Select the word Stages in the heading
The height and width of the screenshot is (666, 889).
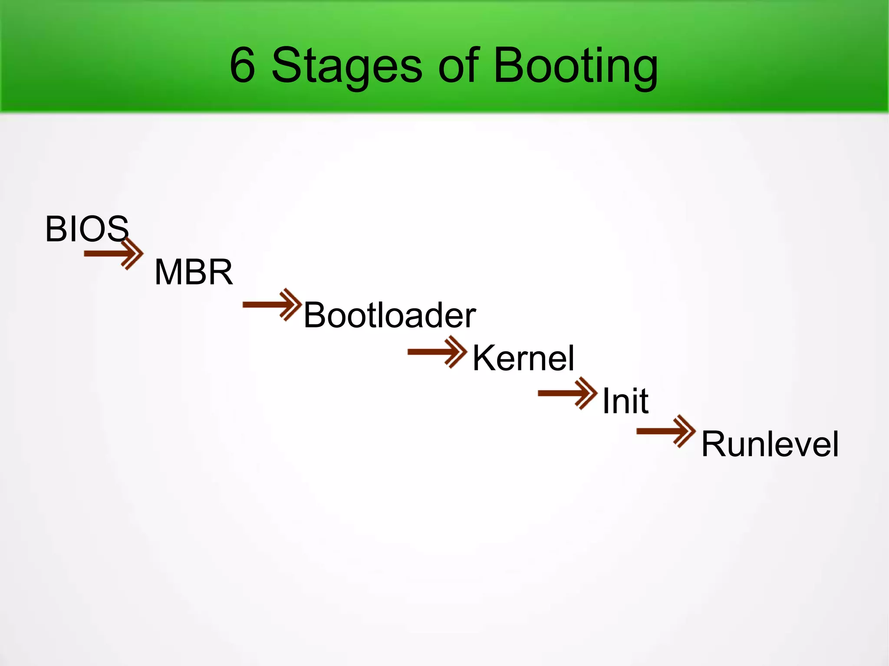[346, 67]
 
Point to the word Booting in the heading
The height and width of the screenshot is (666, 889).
[576, 67]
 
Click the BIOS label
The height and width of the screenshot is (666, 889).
[87, 229]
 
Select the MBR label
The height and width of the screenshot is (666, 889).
[194, 272]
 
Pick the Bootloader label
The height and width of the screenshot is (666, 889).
[389, 315]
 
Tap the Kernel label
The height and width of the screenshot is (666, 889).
[523, 358]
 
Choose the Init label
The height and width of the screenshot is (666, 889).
[626, 401]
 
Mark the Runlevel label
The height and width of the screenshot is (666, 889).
[770, 444]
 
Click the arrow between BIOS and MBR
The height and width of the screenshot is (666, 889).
[114, 254]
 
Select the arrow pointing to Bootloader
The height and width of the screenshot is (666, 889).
[272, 304]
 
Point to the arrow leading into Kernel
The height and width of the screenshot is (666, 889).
[437, 352]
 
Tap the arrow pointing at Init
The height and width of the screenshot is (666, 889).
[567, 393]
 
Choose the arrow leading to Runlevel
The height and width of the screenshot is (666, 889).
[666, 431]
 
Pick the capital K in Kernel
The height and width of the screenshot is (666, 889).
[483, 358]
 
